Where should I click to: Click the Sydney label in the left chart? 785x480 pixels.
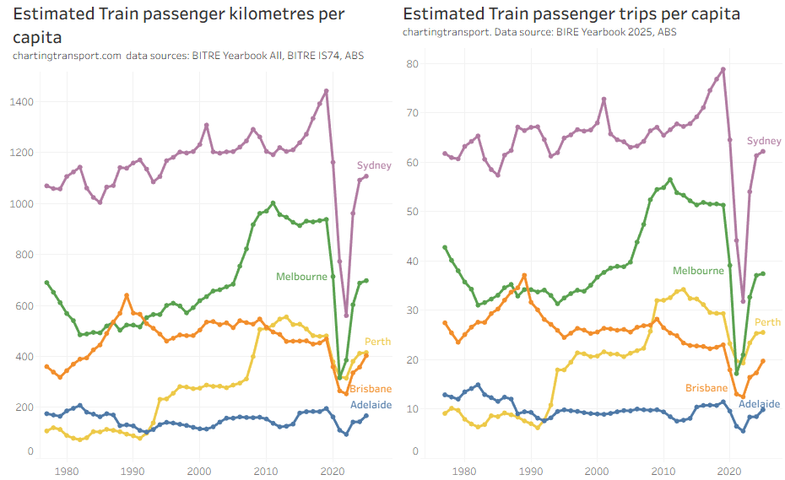point(374,165)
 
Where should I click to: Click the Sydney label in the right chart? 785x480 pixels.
point(764,141)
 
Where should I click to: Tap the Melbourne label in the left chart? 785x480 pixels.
point(301,277)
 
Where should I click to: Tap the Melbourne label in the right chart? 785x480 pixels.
point(698,271)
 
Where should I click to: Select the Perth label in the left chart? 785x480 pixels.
point(377,342)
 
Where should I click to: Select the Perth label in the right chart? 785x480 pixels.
point(767,322)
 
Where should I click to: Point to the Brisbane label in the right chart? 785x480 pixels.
point(707,388)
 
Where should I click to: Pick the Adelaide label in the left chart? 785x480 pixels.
point(371,405)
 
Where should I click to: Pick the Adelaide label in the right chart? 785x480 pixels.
point(760,404)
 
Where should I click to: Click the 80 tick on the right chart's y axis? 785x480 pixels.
point(413,64)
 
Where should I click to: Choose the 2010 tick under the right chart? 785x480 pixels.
point(663,471)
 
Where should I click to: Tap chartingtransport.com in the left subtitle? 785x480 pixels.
point(68,56)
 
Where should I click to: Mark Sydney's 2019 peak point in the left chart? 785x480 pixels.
point(327,91)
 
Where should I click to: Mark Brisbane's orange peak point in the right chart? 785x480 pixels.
point(524,275)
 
